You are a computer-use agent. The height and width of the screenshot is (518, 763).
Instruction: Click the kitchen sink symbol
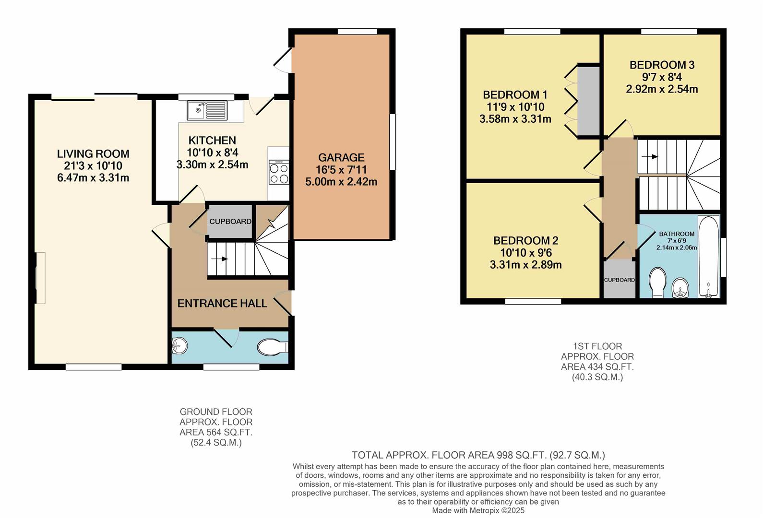[x=207, y=110]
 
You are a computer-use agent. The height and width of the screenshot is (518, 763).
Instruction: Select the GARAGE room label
[x=341, y=157]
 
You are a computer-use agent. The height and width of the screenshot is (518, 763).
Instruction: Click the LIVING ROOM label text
[x=93, y=154]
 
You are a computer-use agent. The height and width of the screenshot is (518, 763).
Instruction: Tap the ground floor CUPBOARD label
[x=230, y=222]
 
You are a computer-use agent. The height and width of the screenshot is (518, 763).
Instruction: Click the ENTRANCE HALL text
[x=222, y=303]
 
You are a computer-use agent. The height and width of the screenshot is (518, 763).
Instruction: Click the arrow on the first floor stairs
[x=650, y=156]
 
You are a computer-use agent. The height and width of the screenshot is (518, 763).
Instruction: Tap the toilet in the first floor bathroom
[x=657, y=283]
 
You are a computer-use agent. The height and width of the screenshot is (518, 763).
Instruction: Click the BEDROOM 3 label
[x=662, y=65]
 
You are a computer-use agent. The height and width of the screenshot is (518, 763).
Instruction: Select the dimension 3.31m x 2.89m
[x=525, y=265]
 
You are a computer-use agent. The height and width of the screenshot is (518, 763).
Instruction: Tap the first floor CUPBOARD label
[x=619, y=280]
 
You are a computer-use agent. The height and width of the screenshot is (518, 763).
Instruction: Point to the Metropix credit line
[x=478, y=511]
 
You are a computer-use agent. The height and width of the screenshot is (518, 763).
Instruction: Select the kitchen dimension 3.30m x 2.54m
[x=212, y=165]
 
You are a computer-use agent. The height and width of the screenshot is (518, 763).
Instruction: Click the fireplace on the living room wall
[x=40, y=278]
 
